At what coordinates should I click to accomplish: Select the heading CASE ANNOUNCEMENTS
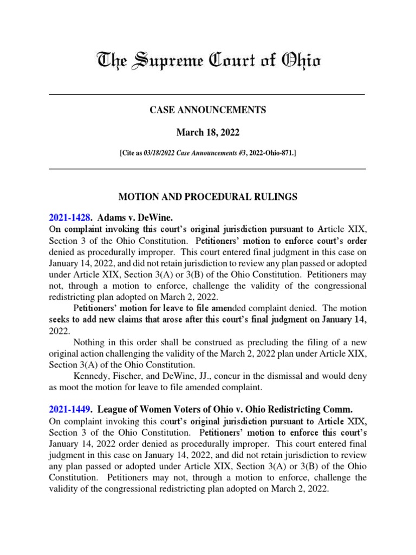pos(207,110)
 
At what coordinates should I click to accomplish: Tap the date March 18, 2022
pos(207,132)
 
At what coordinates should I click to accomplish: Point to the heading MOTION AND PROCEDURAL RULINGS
pos(207,197)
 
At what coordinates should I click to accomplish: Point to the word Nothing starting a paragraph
pos(89,342)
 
